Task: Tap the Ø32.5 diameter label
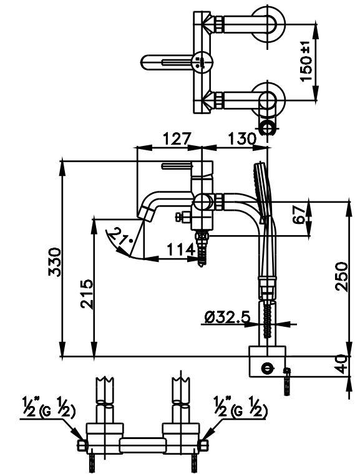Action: [227, 317]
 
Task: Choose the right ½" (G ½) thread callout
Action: [240, 409]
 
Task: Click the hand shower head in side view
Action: [262, 187]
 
